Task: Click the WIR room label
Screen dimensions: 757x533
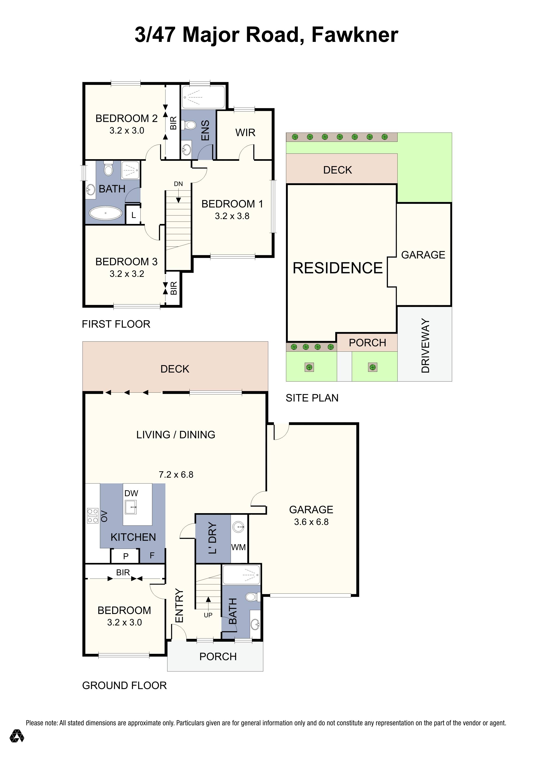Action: click(245, 133)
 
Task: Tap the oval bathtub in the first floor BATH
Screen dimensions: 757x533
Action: click(105, 213)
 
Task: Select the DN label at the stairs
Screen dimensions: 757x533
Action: click(178, 184)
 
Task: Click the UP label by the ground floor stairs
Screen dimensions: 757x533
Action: click(208, 615)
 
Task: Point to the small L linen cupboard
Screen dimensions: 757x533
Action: click(133, 215)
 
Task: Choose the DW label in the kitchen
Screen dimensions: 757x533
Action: click(131, 493)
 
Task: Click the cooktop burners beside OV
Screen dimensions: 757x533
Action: click(93, 516)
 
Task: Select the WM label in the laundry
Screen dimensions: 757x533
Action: click(238, 547)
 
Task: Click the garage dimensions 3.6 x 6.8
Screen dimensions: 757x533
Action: click(311, 522)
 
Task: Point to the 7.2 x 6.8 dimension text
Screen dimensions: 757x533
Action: click(176, 475)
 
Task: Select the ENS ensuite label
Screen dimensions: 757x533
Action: click(205, 130)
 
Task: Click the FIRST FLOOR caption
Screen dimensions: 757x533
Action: click(116, 324)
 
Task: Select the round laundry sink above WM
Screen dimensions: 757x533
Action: click(238, 527)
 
